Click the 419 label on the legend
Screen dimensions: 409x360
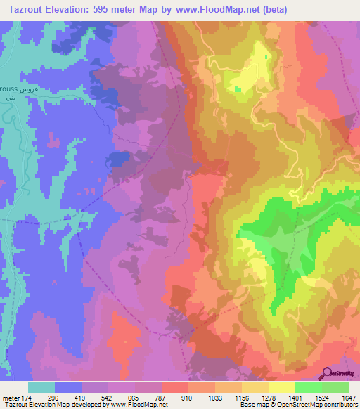pos(81,397)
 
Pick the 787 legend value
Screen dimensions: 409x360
pos(161,397)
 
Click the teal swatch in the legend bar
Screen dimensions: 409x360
pos(41,387)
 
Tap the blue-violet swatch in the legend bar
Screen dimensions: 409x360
pos(68,387)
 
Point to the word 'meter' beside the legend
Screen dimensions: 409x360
pos(9,397)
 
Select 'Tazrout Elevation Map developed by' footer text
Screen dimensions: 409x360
pos(53,405)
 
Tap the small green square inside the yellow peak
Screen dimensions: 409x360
pos(238,89)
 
